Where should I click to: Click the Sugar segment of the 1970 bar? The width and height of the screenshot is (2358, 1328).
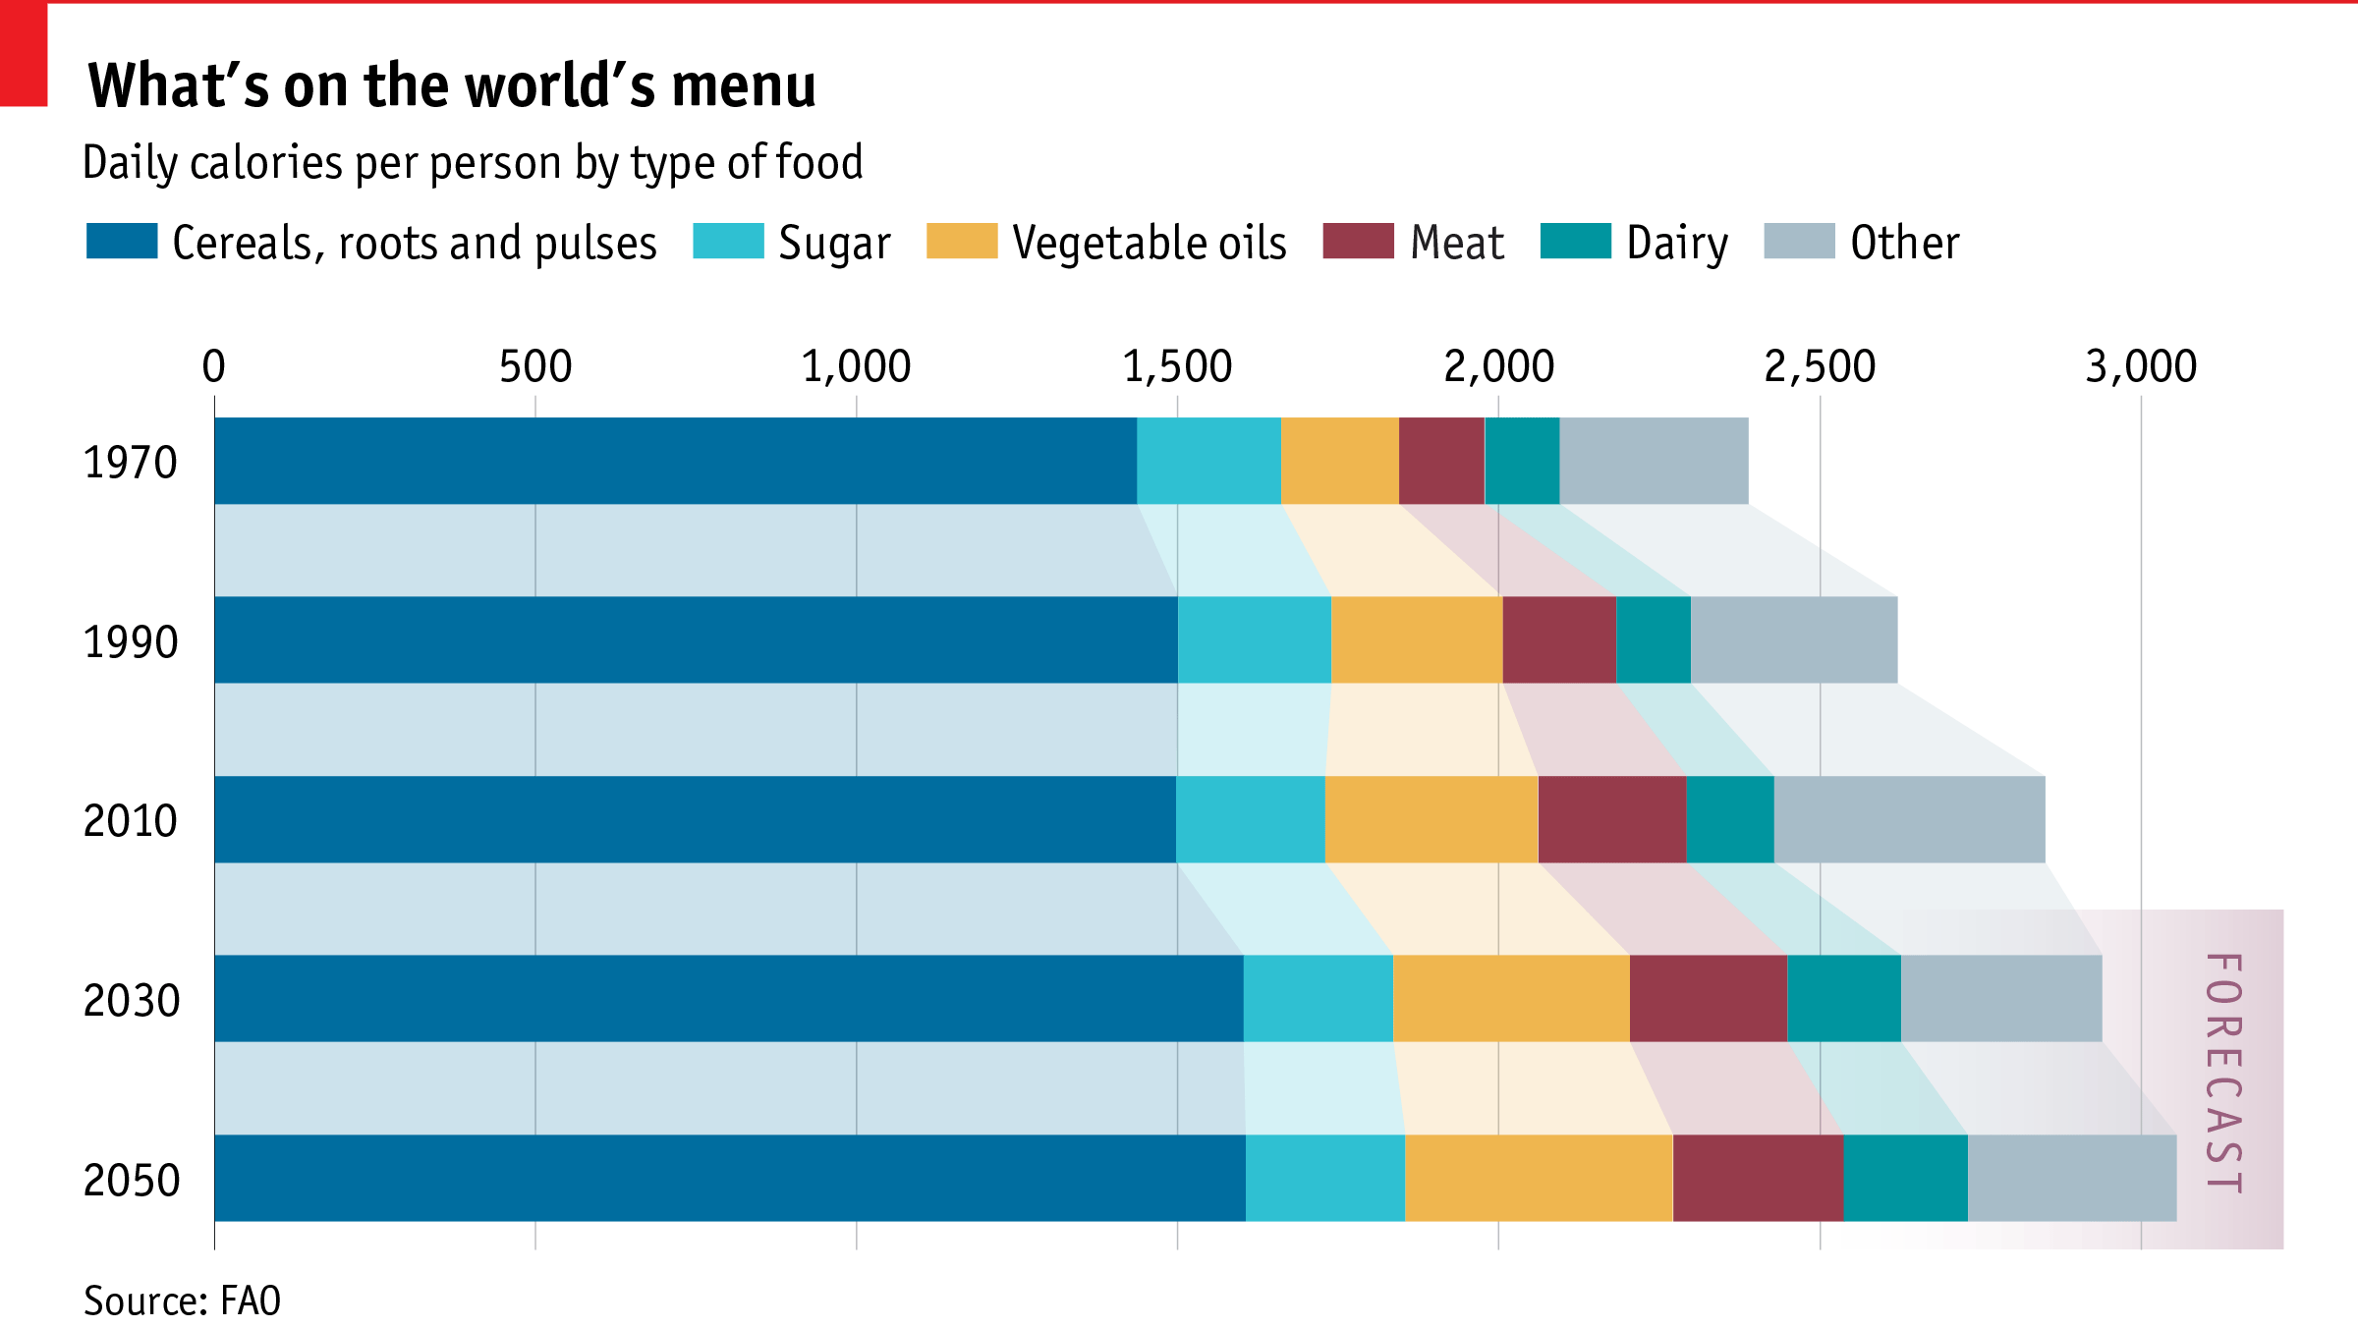pyautogui.click(x=1208, y=461)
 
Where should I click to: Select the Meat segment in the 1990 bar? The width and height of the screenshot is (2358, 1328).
pyautogui.click(x=1559, y=639)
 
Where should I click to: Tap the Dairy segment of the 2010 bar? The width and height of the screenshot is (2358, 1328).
pyautogui.click(x=1730, y=819)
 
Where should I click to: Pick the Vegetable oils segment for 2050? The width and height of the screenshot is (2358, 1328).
pyautogui.click(x=1539, y=1178)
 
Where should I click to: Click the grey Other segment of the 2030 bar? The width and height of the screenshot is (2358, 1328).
pyautogui.click(x=2001, y=998)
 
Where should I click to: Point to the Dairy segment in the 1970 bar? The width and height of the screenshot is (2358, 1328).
pyautogui.click(x=1522, y=461)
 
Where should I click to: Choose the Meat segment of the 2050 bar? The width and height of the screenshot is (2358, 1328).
pyautogui.click(x=1758, y=1178)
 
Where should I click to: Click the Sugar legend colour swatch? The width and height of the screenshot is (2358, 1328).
pyautogui.click(x=728, y=241)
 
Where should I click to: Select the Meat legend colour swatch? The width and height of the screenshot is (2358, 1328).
pyautogui.click(x=1358, y=241)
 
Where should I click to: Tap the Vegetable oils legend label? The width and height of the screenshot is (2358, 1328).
pyautogui.click(x=1150, y=243)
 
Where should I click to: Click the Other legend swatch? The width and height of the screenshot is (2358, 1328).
pyautogui.click(x=1799, y=241)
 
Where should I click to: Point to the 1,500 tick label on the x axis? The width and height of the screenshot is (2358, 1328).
pyautogui.click(x=1177, y=366)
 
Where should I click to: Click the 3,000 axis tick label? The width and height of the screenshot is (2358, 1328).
pyautogui.click(x=2141, y=366)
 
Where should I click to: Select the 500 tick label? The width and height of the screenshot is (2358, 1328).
pyautogui.click(x=535, y=366)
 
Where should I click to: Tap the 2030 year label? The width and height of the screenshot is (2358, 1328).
pyautogui.click(x=132, y=1001)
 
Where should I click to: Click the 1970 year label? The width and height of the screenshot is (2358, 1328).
pyautogui.click(x=131, y=463)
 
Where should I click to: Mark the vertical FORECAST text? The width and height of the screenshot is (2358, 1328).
pyautogui.click(x=2224, y=1074)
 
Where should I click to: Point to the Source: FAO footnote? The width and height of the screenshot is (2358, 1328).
pyautogui.click(x=183, y=1300)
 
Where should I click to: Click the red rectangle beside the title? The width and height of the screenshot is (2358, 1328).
pyautogui.click(x=24, y=53)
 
